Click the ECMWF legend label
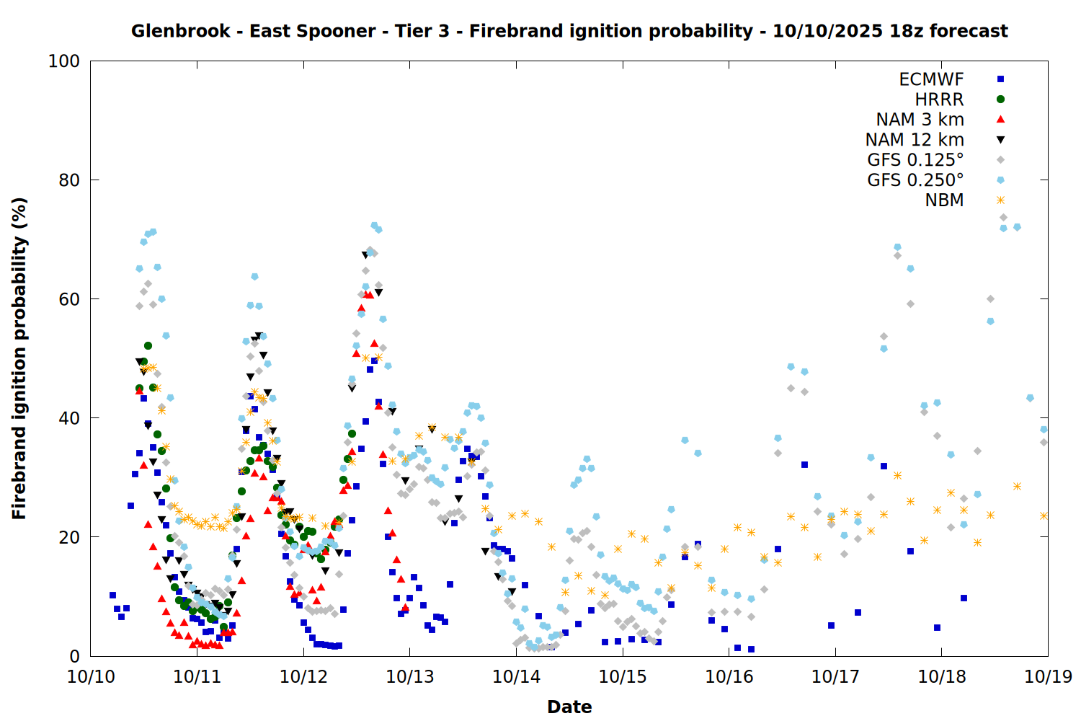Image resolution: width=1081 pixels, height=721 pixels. [931, 79]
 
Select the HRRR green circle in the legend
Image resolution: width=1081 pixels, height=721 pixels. [1000, 99]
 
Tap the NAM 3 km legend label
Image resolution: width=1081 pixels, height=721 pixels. [920, 120]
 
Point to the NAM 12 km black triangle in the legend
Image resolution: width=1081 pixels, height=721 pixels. [1000, 140]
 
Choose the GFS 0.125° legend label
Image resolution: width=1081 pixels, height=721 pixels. [915, 160]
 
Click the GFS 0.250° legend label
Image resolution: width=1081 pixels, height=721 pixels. [915, 180]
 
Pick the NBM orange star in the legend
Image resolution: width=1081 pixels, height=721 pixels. [1000, 200]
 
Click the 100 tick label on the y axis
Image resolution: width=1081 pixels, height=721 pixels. [64, 61]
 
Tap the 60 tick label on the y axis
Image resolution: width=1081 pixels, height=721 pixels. [69, 299]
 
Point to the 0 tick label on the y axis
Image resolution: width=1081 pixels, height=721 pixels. [74, 656]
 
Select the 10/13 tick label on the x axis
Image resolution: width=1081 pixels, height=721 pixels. [410, 676]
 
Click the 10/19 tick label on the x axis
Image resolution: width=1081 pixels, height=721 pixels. [1048, 676]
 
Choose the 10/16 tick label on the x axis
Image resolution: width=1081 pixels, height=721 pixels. [729, 676]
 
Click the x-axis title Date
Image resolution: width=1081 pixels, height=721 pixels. [569, 707]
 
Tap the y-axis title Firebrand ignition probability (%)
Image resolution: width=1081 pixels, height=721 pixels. [19, 358]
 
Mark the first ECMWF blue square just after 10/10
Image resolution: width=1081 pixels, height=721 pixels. [112, 596]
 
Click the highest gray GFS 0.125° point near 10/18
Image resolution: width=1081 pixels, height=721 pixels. [1003, 217]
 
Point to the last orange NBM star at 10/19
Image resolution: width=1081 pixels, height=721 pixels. [1044, 516]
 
